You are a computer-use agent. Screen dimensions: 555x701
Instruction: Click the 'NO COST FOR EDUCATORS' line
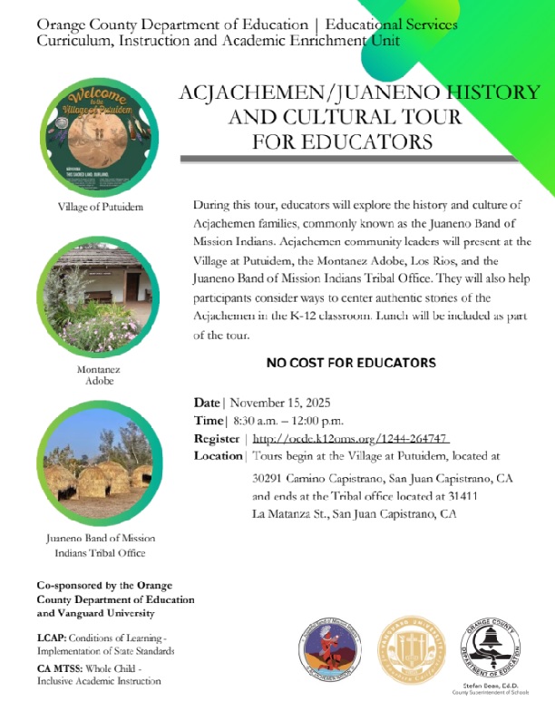[351, 363]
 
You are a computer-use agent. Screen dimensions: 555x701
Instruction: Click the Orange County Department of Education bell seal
[491, 648]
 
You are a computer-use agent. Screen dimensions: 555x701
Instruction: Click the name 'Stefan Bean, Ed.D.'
[491, 686]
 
